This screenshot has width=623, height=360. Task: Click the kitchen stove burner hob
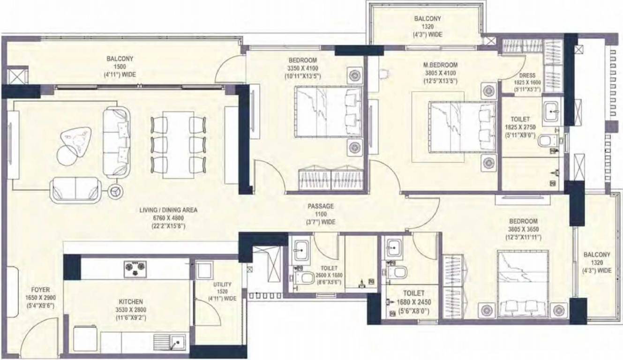click(x=135, y=268)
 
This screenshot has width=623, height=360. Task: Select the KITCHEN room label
click(x=131, y=302)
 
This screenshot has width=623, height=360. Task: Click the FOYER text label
click(x=40, y=290)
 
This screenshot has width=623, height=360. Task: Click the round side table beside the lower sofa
click(x=115, y=191)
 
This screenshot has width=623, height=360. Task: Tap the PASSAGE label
click(x=321, y=206)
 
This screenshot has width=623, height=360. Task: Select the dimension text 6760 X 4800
click(x=168, y=217)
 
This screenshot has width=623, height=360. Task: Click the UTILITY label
click(x=222, y=285)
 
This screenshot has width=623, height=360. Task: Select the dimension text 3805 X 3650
click(x=523, y=229)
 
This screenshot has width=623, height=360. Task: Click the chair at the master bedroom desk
click(x=383, y=73)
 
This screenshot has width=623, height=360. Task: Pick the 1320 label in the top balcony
click(x=427, y=27)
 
